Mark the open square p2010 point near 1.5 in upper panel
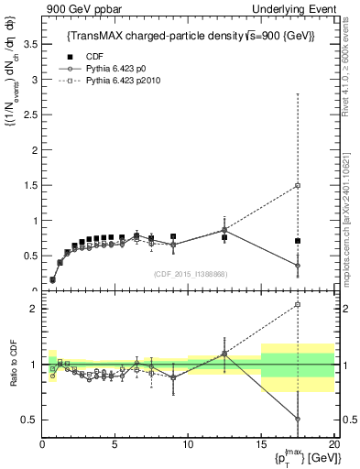[298, 186]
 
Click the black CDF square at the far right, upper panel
[298, 241]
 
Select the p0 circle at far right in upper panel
[298, 266]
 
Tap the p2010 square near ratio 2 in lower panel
[298, 305]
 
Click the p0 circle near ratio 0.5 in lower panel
[298, 419]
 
